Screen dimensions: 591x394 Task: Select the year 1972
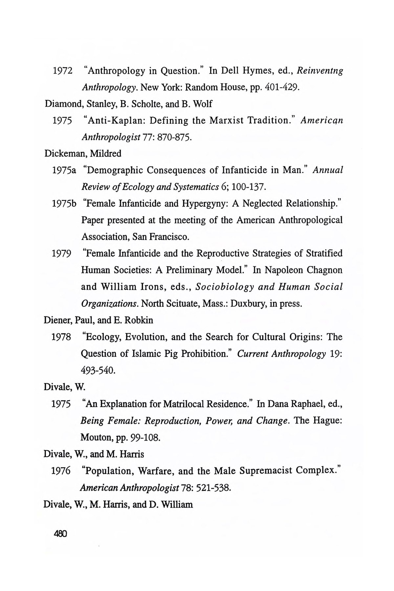(62, 71)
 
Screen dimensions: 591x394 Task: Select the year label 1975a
(64, 170)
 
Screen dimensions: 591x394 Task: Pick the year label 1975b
(64, 204)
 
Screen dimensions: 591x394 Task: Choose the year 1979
(62, 254)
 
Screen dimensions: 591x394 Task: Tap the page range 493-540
(98, 370)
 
